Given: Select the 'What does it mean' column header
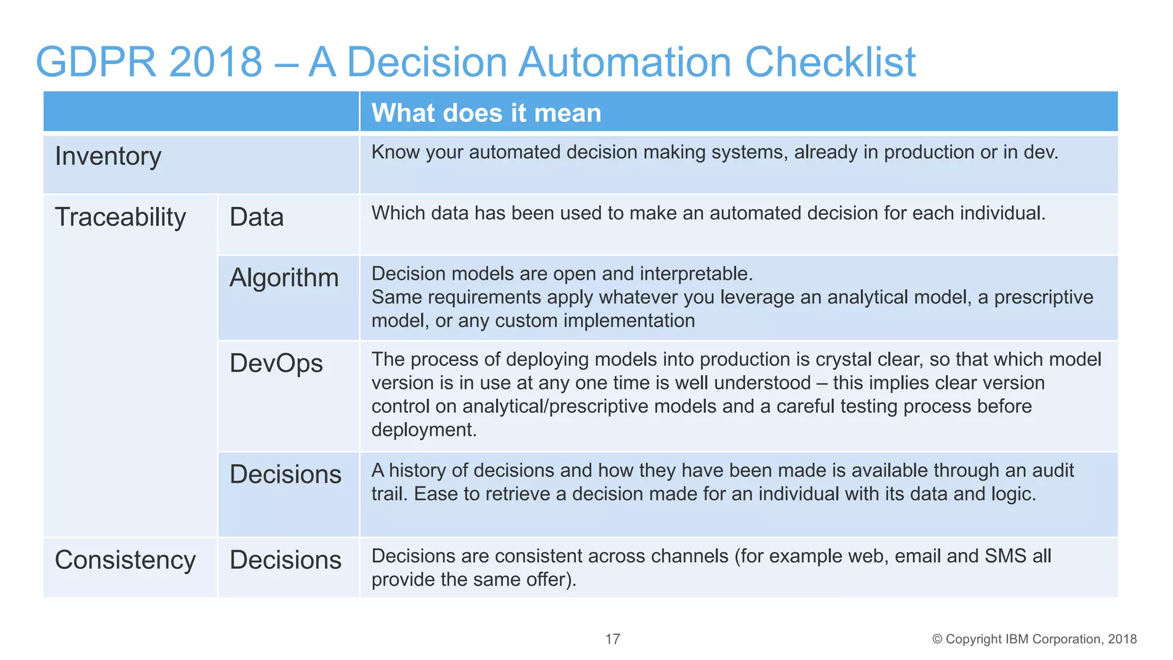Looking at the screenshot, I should point(486,113).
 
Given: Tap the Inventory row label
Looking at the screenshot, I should point(108,156).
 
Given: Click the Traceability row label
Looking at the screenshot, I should point(120,217).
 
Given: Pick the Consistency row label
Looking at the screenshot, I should point(125,560).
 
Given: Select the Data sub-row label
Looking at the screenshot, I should point(257,217).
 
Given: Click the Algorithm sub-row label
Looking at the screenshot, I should point(284,278).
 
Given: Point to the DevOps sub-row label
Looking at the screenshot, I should point(276,363).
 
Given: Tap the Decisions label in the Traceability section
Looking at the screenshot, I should point(285,474).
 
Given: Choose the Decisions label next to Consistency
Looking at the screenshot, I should point(285,560).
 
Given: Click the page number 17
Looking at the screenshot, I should point(612,639).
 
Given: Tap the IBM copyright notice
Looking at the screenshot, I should point(1034,639).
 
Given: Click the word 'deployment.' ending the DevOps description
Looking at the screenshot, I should point(424,430).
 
